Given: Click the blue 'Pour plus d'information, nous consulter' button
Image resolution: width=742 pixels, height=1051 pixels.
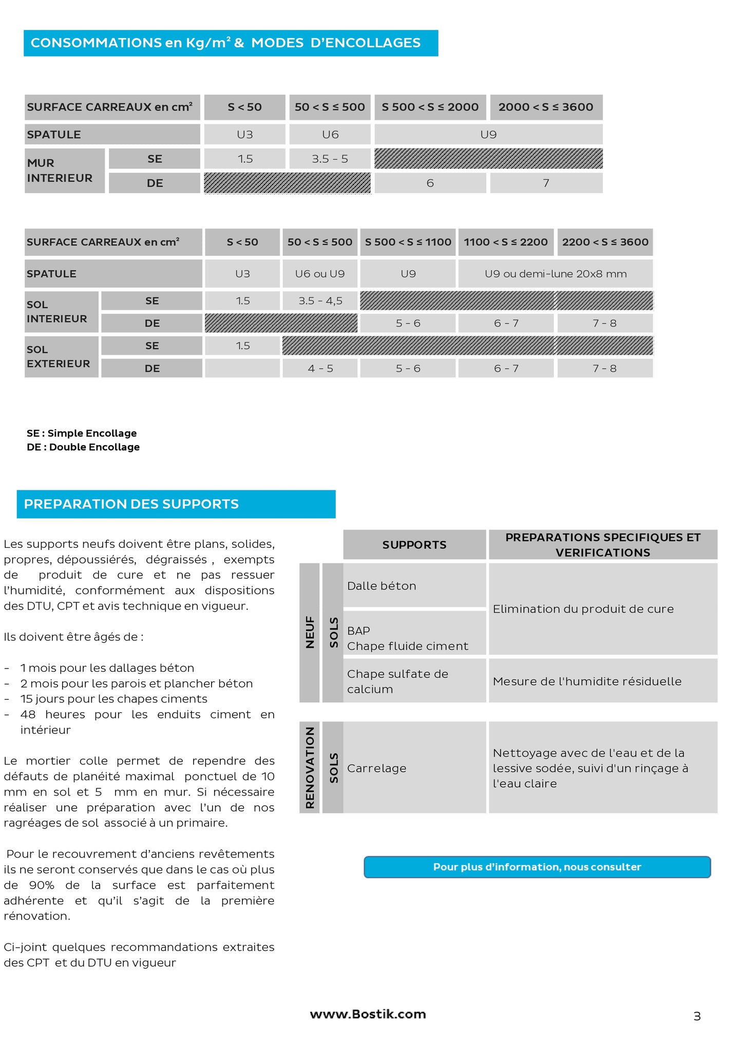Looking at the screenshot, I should (x=537, y=866).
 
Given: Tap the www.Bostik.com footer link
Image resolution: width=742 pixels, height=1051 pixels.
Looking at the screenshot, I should (x=368, y=1013).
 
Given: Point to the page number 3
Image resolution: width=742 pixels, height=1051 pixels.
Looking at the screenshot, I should (x=697, y=1016).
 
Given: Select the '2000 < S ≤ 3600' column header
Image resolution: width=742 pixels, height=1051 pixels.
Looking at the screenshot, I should (x=546, y=107).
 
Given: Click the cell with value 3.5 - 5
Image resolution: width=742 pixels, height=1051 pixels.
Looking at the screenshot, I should (x=330, y=159).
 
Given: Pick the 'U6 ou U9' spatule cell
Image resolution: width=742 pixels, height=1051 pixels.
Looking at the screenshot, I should (x=319, y=273).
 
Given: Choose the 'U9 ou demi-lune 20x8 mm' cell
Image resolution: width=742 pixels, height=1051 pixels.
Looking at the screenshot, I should (x=555, y=273).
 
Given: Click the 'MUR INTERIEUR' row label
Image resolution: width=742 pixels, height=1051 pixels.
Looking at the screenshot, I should (x=60, y=171).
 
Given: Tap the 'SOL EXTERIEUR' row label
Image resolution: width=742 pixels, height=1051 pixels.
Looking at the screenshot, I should (x=58, y=357).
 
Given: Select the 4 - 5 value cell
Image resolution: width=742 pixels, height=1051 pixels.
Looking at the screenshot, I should (x=320, y=368).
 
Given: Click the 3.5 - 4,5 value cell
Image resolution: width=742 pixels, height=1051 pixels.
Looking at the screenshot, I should (x=320, y=301).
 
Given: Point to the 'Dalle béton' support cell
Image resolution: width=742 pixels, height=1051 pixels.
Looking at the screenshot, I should (x=414, y=585).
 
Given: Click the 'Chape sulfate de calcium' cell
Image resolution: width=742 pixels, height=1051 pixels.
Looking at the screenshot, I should (x=414, y=681).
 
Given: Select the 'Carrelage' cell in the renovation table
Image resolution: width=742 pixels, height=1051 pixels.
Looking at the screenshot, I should (x=414, y=768).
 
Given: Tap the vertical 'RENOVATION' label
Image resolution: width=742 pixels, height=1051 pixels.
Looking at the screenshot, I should (x=310, y=767).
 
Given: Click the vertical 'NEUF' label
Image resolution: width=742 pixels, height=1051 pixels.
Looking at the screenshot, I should (x=310, y=632).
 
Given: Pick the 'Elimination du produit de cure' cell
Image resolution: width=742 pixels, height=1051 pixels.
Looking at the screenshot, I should (x=603, y=609).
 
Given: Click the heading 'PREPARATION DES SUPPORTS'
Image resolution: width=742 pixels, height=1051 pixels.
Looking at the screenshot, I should (x=131, y=504).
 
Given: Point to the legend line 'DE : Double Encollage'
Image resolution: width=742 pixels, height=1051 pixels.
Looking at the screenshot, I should (x=83, y=447).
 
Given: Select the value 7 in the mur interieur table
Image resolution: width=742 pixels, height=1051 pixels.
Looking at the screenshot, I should (x=546, y=183).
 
